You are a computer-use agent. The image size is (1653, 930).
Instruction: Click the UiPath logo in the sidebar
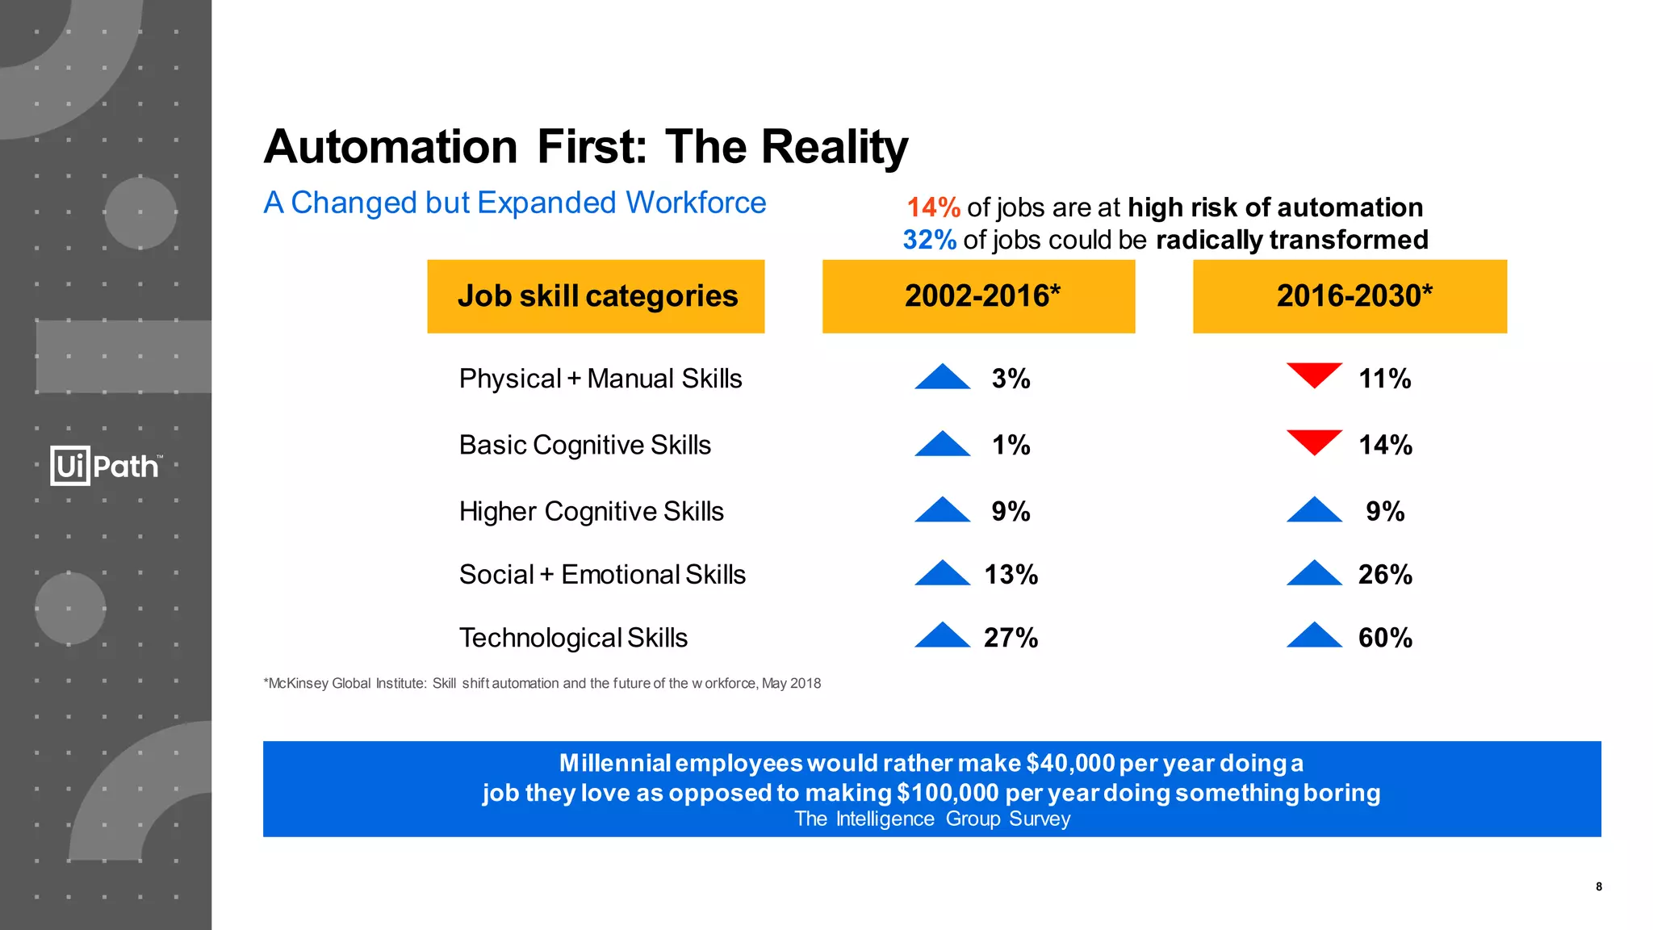point(106,466)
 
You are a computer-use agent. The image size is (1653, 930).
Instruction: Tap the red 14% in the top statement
point(933,207)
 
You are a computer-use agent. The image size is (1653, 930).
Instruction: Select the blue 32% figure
point(929,240)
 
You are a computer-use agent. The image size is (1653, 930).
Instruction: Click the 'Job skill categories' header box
point(596,296)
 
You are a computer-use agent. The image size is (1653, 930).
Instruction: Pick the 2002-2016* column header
point(978,296)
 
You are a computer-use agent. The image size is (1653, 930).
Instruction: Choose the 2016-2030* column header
point(1350,296)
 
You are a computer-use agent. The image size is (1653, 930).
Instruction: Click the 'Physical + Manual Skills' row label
point(601,379)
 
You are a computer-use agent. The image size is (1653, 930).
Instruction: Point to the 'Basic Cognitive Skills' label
point(585,445)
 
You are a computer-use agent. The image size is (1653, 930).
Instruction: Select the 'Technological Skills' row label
point(573,638)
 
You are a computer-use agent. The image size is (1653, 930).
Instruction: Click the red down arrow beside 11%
point(1314,375)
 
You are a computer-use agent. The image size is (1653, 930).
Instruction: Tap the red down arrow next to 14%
point(1314,441)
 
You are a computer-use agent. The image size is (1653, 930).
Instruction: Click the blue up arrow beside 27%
point(942,636)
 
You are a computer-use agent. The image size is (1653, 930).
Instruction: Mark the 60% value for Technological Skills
point(1385,638)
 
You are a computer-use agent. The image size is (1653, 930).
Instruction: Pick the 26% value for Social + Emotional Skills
point(1385,575)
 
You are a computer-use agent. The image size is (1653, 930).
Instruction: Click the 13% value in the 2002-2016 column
point(1011,575)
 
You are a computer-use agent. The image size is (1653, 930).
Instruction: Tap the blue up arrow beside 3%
point(942,378)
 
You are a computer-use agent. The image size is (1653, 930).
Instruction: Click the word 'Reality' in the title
point(834,147)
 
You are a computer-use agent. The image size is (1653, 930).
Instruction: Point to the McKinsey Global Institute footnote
point(542,684)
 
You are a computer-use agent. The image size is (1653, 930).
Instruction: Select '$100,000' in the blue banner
point(948,793)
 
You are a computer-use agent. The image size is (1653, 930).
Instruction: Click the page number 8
point(1599,886)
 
